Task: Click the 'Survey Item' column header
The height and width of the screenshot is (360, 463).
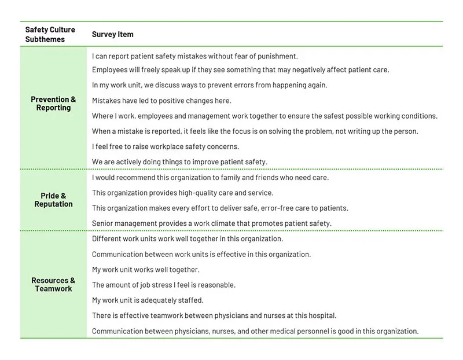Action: (112, 34)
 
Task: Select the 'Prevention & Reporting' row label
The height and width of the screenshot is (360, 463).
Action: (53, 104)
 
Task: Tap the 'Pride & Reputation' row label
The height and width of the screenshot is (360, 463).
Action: (53, 200)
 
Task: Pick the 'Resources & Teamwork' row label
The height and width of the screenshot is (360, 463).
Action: (53, 284)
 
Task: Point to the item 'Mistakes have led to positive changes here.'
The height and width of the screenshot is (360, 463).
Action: (161, 100)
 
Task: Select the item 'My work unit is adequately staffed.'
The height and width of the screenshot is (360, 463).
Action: (148, 300)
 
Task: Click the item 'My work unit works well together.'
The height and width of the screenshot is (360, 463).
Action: (145, 270)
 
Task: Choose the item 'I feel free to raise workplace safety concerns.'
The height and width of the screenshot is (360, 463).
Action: (165, 146)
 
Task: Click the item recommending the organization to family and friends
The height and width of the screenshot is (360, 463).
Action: (210, 178)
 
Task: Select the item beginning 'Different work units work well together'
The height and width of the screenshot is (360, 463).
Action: (188, 238)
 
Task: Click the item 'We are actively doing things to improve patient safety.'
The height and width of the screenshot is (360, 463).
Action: (179, 161)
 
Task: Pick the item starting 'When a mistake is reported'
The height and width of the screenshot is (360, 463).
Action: (255, 131)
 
